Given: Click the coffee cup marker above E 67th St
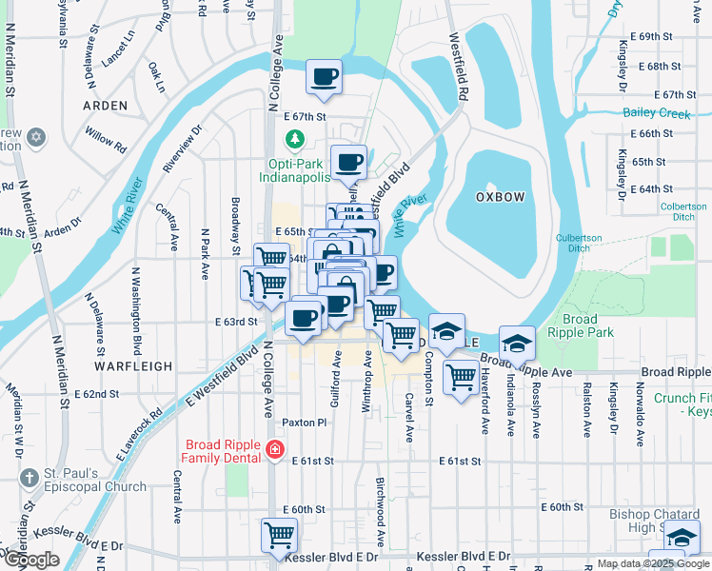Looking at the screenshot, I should click(325, 76).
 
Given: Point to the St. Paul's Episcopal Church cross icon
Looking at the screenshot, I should click(29, 478).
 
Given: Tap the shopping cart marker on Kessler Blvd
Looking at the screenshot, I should click(279, 536).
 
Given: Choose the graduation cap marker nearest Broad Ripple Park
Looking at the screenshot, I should click(517, 343).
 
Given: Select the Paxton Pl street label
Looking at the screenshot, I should click(304, 422).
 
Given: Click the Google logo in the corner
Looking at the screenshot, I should click(31, 560).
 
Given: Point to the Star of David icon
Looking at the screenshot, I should click(35, 138).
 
